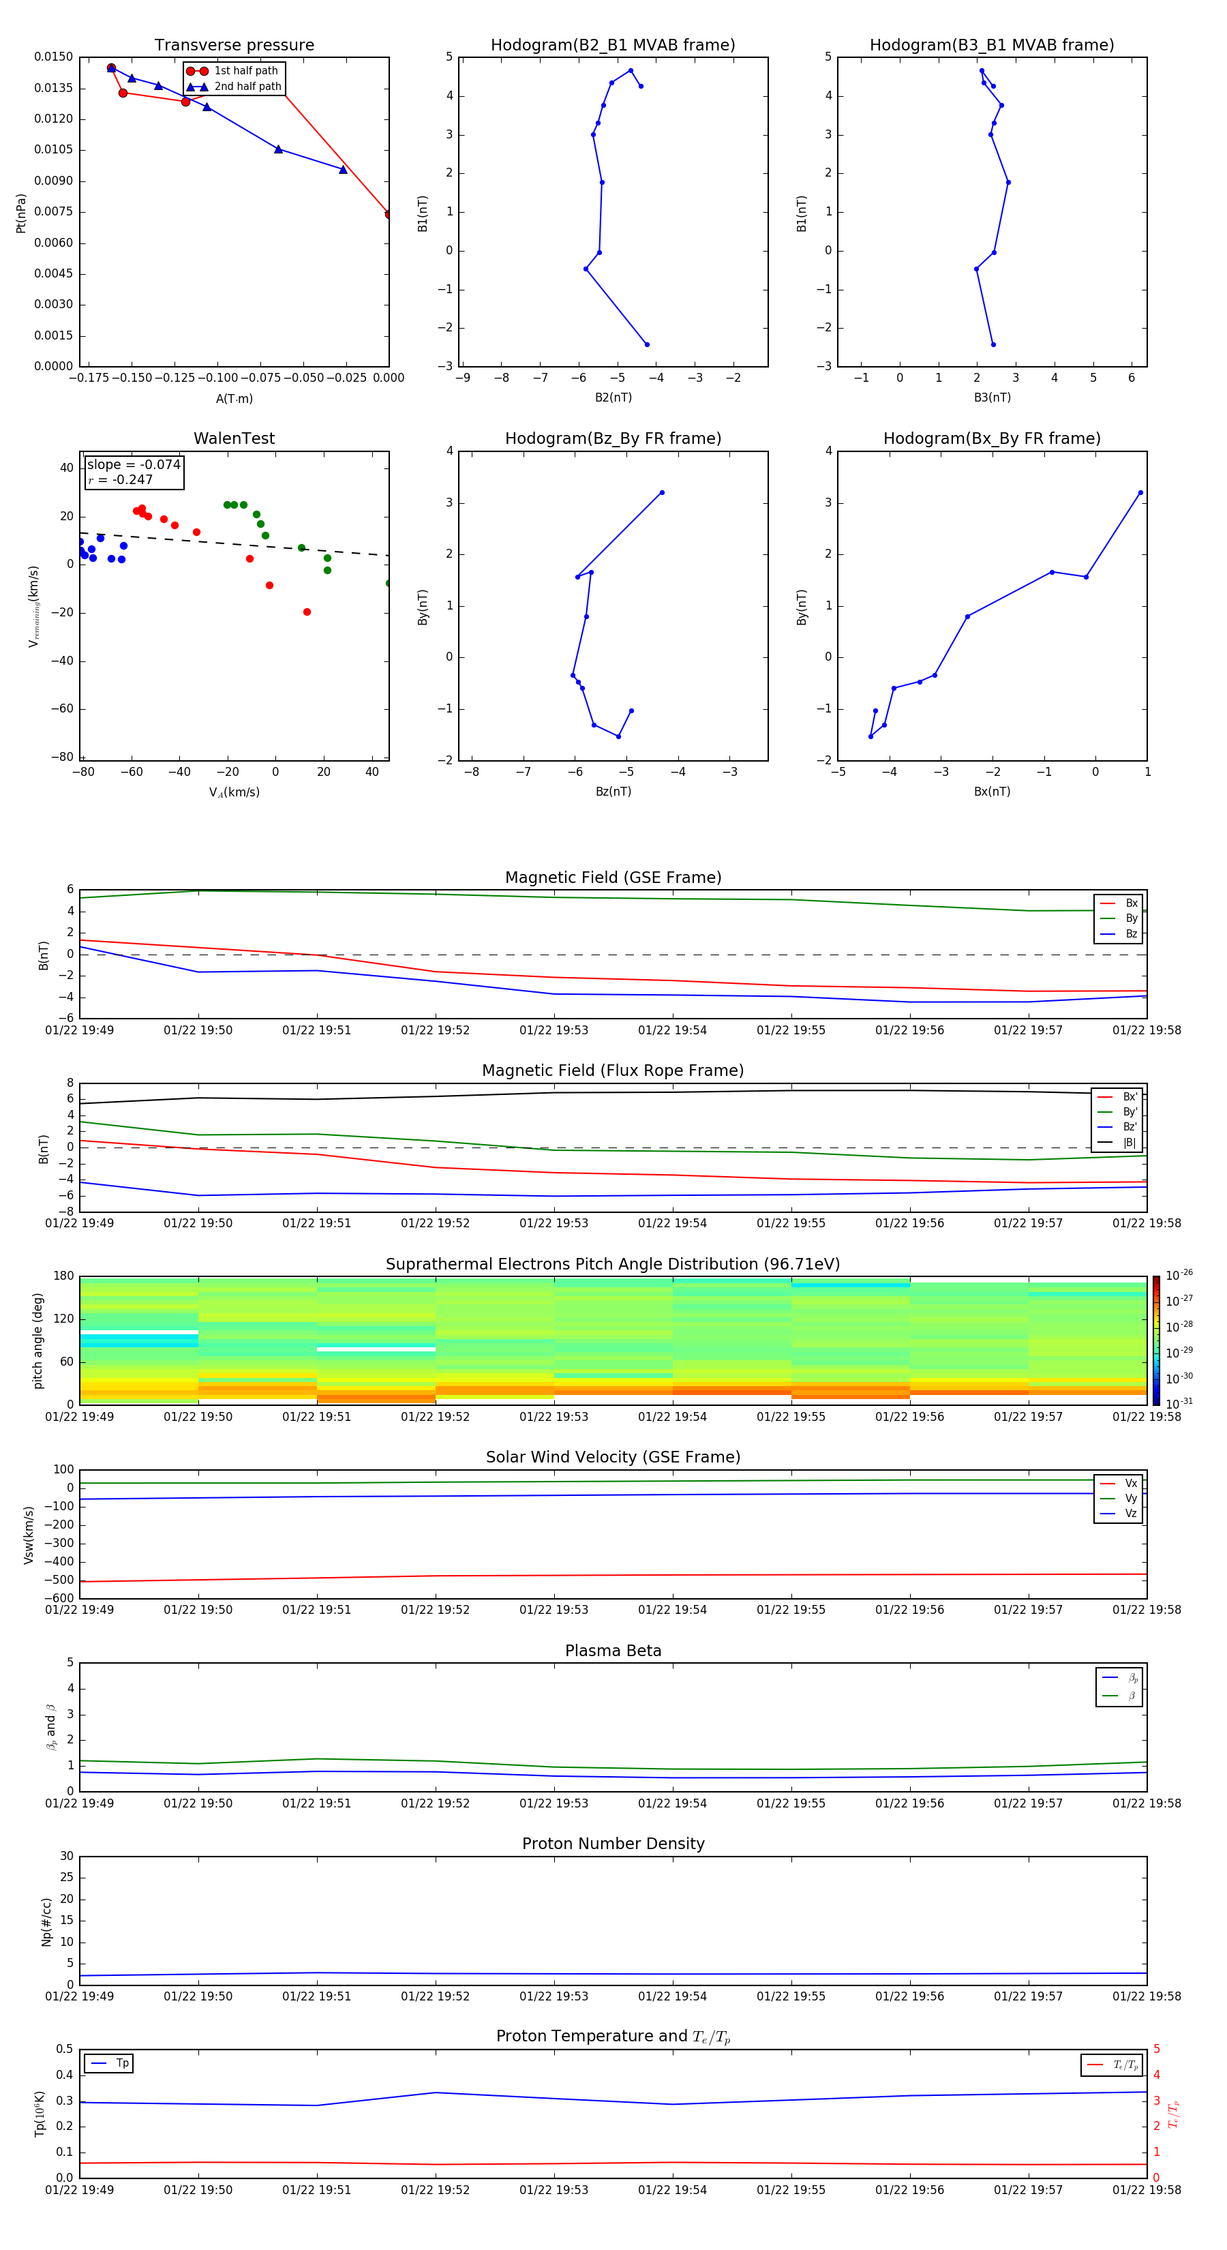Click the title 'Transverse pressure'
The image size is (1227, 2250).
234,46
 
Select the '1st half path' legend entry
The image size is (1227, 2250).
245,71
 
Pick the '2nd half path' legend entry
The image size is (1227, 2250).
247,87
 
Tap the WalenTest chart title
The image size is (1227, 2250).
234,438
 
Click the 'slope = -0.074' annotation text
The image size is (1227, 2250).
134,465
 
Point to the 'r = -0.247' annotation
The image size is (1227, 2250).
121,479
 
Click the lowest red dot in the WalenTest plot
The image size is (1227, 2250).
307,612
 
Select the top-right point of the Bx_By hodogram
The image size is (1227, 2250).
1140,493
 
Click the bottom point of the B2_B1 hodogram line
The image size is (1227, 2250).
647,344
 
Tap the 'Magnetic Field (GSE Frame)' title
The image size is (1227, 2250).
613,877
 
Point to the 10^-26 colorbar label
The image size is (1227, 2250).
1179,1275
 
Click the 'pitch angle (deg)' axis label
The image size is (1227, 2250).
37,1340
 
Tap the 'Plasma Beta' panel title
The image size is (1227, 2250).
613,1651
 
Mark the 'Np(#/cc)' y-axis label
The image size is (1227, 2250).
46,1921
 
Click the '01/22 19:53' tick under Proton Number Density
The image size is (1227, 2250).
554,1996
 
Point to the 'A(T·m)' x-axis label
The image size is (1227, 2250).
234,399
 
